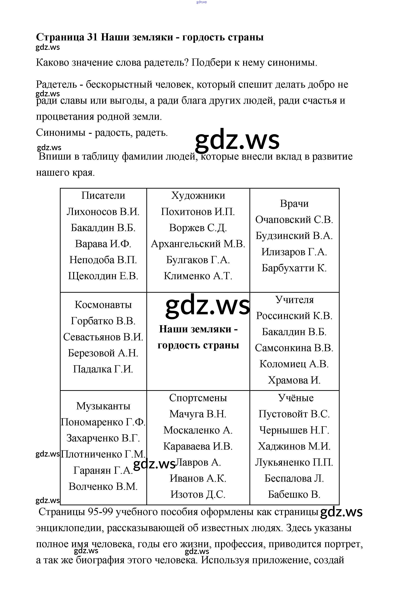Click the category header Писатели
tap(103, 196)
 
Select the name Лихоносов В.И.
tap(103, 212)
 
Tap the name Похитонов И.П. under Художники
tap(198, 212)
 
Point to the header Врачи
tap(294, 204)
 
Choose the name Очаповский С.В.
tap(294, 220)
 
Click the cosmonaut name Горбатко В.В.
tap(103, 321)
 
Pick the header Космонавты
tap(103, 305)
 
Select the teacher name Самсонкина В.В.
tap(294, 348)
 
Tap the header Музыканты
tap(103, 406)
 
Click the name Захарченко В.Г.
tap(103, 438)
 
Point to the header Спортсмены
tap(198, 398)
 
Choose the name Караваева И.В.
tap(198, 446)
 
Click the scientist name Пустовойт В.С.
tap(294, 414)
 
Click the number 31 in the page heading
tap(92, 37)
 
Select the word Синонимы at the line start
tap(61, 133)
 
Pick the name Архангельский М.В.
tap(198, 244)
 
